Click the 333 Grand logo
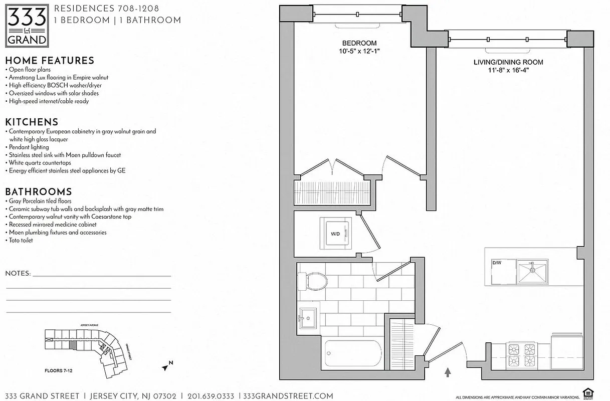click(x=28, y=25)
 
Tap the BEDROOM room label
click(x=359, y=43)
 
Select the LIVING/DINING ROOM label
click(x=508, y=62)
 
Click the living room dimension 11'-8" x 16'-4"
click(x=508, y=70)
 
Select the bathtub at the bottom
click(x=352, y=355)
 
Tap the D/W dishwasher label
click(x=497, y=262)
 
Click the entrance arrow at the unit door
click(x=448, y=372)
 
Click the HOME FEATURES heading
click(x=50, y=61)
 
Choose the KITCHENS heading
click(x=32, y=122)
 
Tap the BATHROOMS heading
click(x=38, y=192)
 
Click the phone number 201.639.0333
click(x=211, y=396)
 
